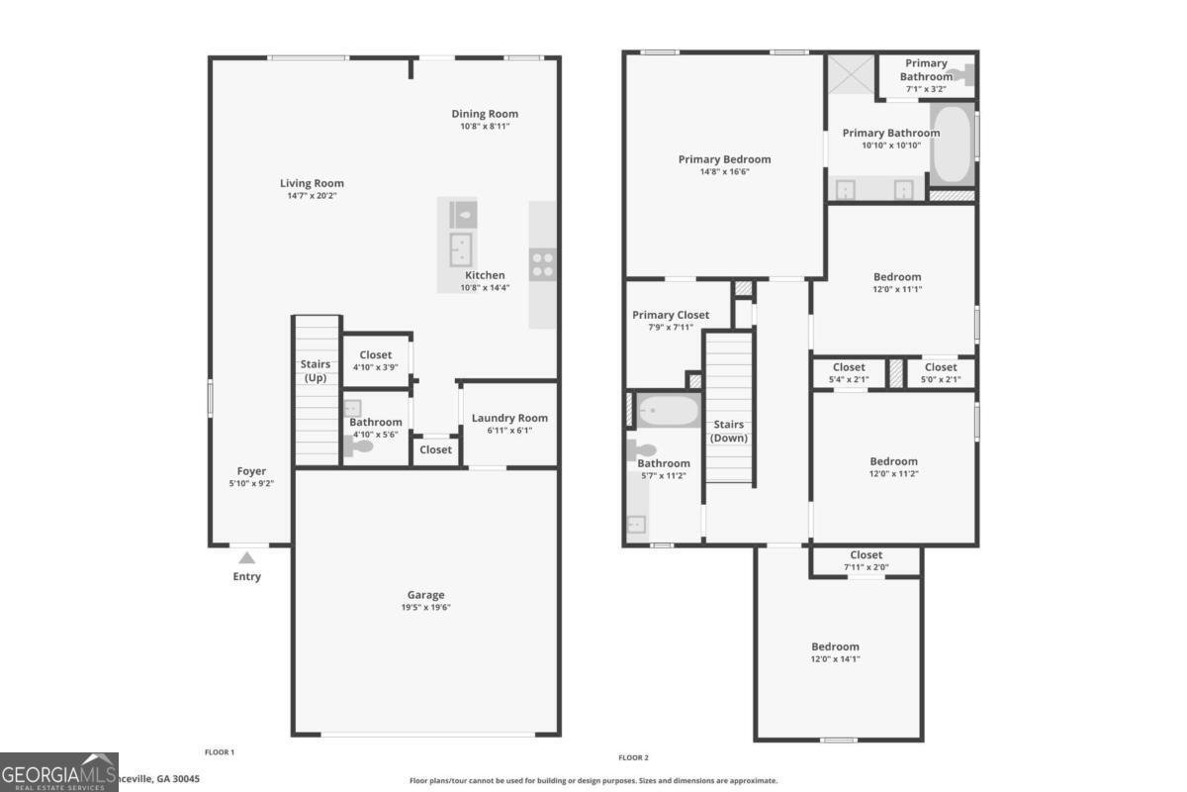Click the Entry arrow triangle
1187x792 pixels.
point(246,558)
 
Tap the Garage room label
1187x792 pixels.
point(425,595)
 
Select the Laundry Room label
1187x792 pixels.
point(509,418)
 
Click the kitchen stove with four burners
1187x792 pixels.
point(542,263)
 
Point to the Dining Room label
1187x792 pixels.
point(485,114)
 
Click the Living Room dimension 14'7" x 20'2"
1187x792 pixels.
point(312,196)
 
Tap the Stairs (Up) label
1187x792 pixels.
point(316,371)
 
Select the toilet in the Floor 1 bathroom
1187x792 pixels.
point(361,446)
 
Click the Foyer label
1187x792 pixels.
point(251,471)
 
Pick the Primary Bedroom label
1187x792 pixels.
point(724,159)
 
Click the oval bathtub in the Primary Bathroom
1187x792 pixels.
point(952,145)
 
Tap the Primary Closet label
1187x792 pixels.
point(671,315)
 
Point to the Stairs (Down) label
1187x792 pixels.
point(729,431)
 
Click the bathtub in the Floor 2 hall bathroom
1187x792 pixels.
point(667,411)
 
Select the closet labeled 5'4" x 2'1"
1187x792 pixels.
point(848,373)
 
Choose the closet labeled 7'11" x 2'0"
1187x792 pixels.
point(866,561)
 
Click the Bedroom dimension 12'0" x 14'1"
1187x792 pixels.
point(836,659)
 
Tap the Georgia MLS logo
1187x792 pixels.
point(58,772)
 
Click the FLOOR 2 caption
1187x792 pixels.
point(633,757)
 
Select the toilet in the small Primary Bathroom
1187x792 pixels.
point(959,74)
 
